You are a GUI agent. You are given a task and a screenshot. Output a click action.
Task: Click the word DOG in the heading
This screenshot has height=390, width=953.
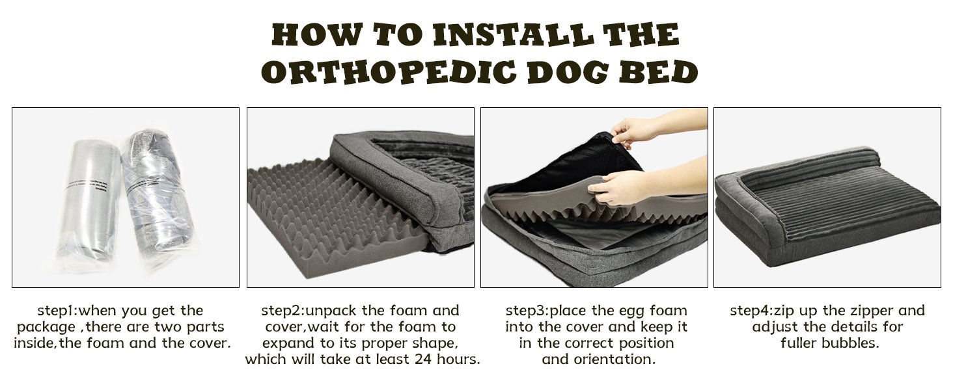568,71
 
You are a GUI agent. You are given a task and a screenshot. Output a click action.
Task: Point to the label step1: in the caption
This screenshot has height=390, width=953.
57,311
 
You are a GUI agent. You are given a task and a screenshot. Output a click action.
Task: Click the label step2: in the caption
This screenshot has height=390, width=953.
283,311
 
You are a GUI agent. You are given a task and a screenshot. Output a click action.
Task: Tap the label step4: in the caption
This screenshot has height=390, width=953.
751,311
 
